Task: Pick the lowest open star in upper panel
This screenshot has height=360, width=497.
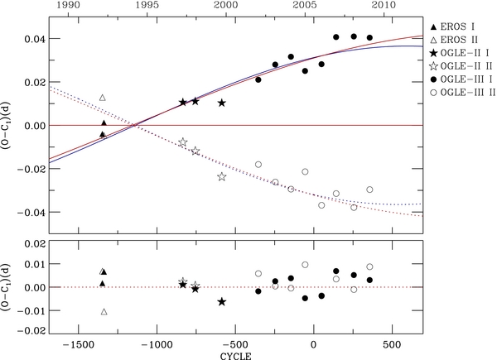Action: pyautogui.click(x=222, y=177)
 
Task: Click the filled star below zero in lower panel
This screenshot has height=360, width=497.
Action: pyautogui.click(x=221, y=302)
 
